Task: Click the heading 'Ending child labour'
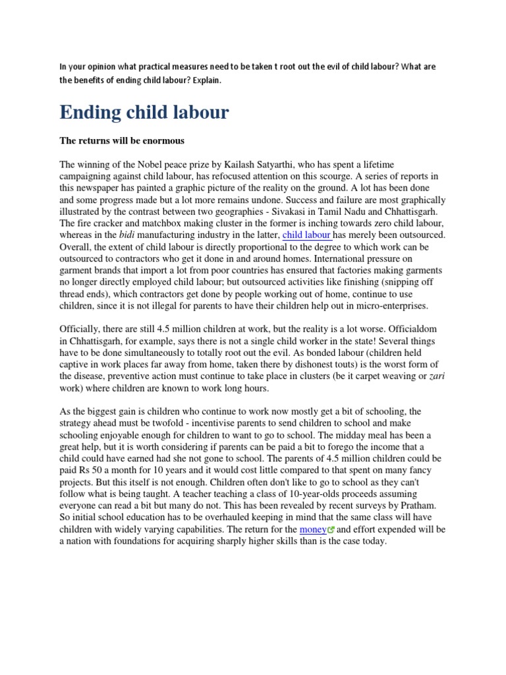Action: tap(144, 113)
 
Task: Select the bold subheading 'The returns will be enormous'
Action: tap(122, 140)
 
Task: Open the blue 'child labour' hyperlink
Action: tap(306, 235)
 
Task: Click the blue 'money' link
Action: tap(312, 529)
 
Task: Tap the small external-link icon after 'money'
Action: tap(331, 530)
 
